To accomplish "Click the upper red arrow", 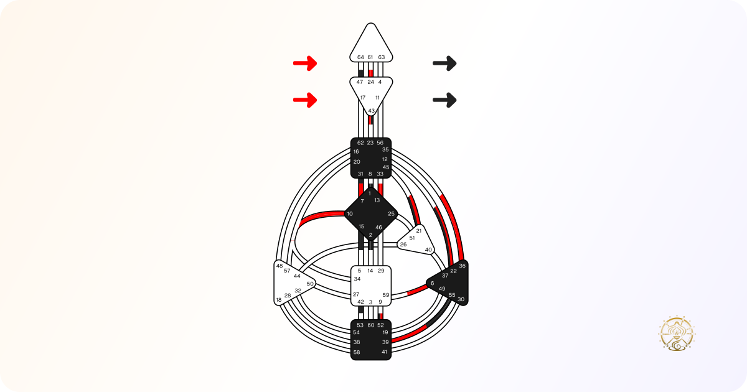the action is point(305,63).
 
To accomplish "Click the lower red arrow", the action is point(305,100).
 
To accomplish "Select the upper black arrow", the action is point(444,63).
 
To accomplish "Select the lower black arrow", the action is point(444,100).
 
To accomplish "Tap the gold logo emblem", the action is point(676,334).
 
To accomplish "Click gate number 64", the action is point(360,57).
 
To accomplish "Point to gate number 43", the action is point(371,111).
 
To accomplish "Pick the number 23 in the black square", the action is point(370,143).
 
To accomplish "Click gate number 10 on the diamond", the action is point(349,213).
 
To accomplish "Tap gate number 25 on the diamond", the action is point(391,213).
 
